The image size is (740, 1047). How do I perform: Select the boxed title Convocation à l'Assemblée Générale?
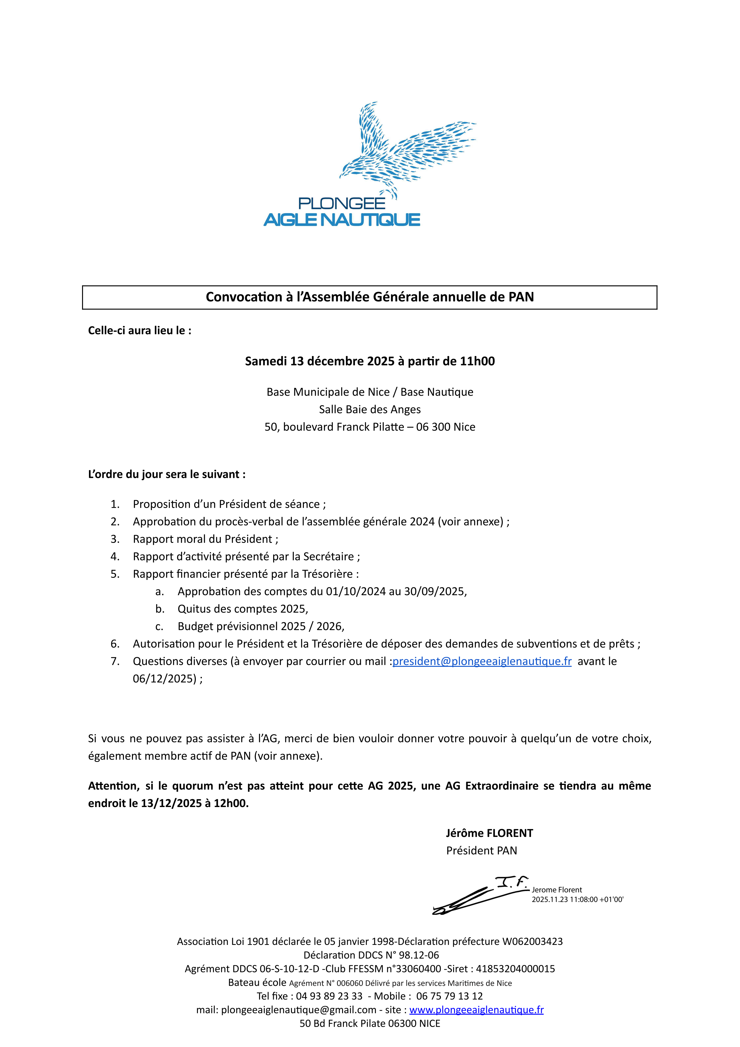[x=369, y=297]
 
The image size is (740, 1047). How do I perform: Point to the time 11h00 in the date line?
[x=477, y=361]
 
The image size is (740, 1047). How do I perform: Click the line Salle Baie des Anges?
[x=370, y=409]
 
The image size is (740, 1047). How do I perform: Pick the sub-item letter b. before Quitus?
[x=160, y=609]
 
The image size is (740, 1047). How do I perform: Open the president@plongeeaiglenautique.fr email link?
[x=482, y=661]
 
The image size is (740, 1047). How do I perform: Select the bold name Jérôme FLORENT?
[x=489, y=833]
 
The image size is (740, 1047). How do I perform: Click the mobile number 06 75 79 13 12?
[x=449, y=996]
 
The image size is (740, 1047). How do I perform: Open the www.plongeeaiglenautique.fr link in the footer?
[x=476, y=1010]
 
